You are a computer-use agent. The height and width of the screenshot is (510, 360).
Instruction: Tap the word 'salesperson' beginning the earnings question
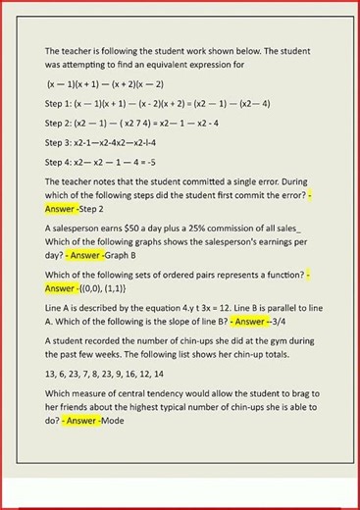[x=78, y=229]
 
